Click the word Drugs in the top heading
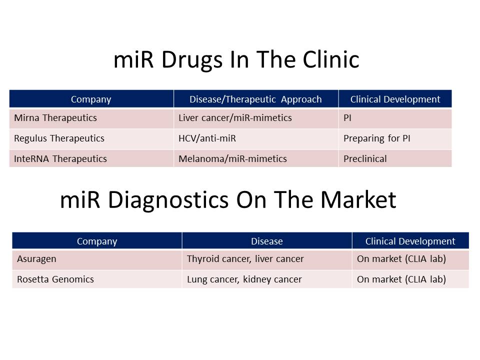coord(191,59)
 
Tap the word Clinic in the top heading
coord(331,59)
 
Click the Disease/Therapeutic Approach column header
coord(255,99)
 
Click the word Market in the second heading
coord(358,200)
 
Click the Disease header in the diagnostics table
coord(267,241)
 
